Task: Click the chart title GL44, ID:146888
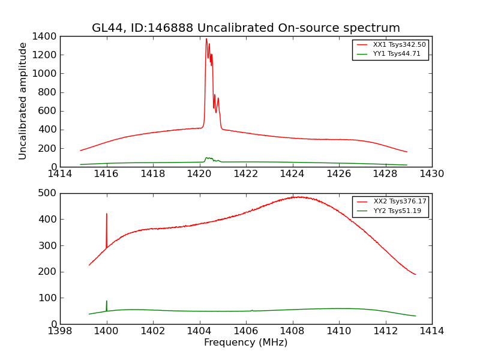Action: coord(245,28)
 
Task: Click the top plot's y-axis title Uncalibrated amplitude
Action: coord(23,101)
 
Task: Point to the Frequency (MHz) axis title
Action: coord(245,343)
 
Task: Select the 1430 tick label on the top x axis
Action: coord(431,174)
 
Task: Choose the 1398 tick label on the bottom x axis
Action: coord(60,331)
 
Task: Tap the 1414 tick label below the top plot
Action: coord(60,174)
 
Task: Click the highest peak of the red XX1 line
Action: coord(206,39)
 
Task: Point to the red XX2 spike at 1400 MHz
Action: coord(107,214)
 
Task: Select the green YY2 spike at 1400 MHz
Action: coord(107,301)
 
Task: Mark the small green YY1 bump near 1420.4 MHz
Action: coord(207,158)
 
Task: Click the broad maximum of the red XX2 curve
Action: coord(297,197)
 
